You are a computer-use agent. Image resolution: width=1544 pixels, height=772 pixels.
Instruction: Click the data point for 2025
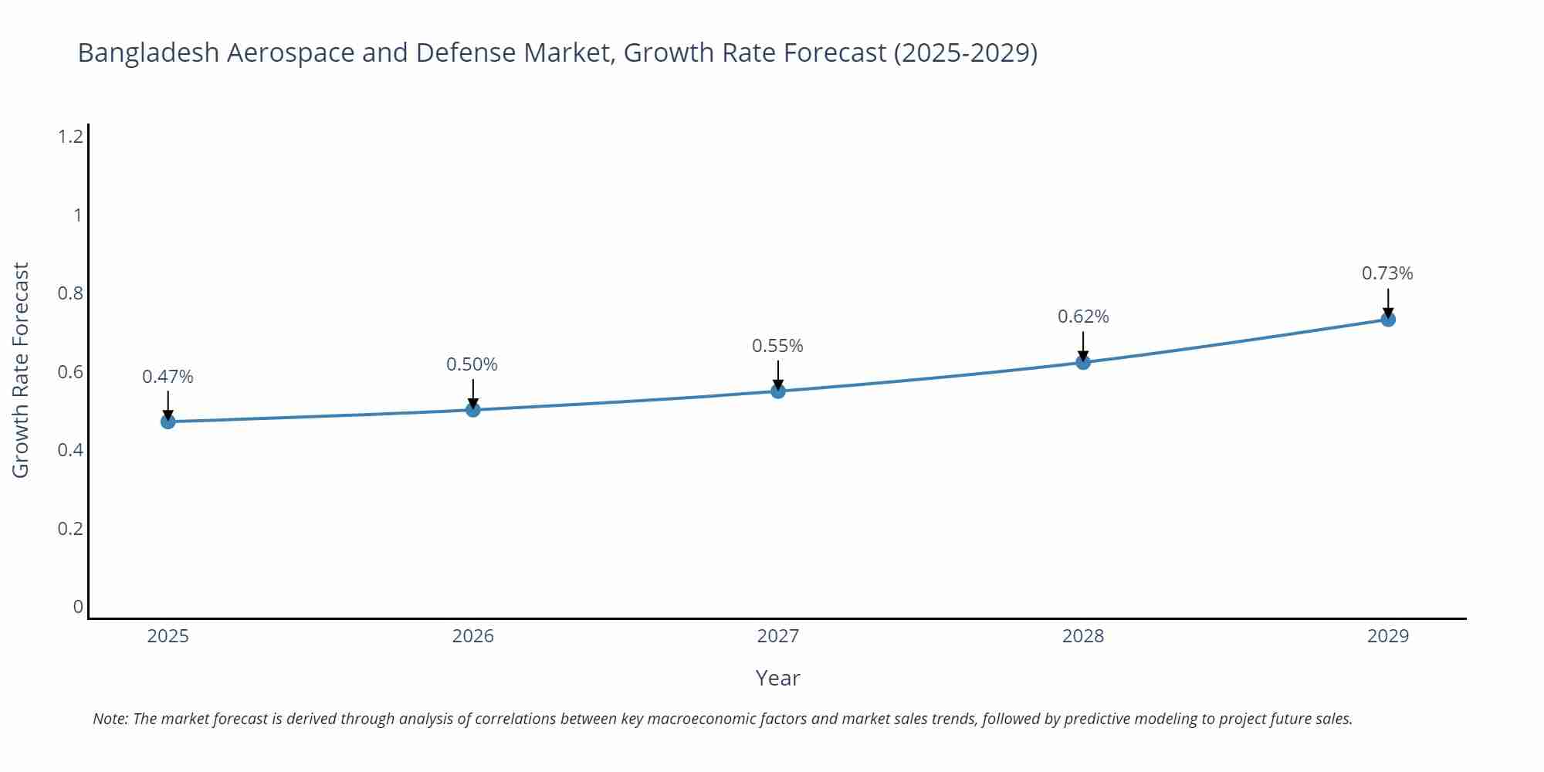168,422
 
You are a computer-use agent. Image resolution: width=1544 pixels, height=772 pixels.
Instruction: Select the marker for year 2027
778,391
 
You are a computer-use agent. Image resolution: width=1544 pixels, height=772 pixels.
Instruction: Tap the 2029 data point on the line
1388,319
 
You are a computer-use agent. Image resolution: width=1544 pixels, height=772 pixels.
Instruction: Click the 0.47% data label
168,377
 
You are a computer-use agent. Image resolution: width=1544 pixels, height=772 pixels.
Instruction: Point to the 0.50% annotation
472,364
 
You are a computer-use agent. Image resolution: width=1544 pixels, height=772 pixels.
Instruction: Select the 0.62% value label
1083,317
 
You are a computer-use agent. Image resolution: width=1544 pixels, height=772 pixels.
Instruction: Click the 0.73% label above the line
1387,273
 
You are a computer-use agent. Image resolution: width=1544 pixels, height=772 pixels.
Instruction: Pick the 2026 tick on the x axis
472,636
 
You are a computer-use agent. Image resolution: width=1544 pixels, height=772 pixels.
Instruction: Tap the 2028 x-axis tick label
1083,636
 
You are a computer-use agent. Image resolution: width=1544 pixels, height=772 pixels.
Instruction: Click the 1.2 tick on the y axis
70,137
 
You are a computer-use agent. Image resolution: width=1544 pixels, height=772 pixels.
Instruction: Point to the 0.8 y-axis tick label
70,293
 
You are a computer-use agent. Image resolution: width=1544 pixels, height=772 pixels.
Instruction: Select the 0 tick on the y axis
78,607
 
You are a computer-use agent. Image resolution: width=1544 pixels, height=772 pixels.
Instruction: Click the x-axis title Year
777,678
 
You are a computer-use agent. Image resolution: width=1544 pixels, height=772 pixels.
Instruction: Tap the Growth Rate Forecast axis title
21,370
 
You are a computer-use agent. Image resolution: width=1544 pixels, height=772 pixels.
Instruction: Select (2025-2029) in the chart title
965,52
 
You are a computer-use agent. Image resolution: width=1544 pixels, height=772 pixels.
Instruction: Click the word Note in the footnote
110,719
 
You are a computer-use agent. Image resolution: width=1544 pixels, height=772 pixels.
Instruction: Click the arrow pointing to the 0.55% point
778,376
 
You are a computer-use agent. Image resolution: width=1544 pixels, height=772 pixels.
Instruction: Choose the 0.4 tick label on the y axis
70,450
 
